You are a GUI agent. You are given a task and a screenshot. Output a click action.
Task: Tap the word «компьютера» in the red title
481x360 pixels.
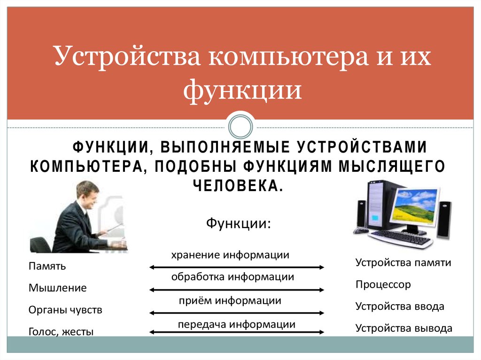288,57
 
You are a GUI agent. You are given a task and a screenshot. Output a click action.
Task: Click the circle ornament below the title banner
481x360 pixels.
240,127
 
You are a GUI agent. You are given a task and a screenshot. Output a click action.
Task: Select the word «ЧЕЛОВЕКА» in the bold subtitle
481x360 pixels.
238,185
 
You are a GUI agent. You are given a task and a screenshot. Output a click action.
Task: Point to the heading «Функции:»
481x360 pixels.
238,223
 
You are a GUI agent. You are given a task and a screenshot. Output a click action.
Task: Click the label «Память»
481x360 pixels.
47,266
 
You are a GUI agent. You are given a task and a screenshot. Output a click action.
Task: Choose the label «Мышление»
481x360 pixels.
58,288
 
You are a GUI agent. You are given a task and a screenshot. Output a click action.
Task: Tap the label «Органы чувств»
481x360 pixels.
65,310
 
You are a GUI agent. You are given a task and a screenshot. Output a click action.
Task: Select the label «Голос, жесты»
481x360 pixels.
61,332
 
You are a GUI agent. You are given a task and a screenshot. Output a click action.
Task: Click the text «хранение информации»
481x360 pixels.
230,255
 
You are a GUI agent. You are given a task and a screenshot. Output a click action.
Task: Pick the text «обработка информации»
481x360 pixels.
233,277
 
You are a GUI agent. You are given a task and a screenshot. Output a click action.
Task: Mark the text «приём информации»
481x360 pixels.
230,300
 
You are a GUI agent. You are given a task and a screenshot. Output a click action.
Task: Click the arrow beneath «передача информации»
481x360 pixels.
237,332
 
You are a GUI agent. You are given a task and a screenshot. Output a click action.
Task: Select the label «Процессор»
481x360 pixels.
383,284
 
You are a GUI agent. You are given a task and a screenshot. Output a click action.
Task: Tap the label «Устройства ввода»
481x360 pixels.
400,306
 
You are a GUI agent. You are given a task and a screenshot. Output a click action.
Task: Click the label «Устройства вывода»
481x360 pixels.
403,328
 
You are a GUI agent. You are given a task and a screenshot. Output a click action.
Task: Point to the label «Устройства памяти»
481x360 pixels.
403,263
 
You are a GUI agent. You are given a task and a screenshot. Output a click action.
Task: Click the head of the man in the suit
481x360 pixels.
88,195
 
